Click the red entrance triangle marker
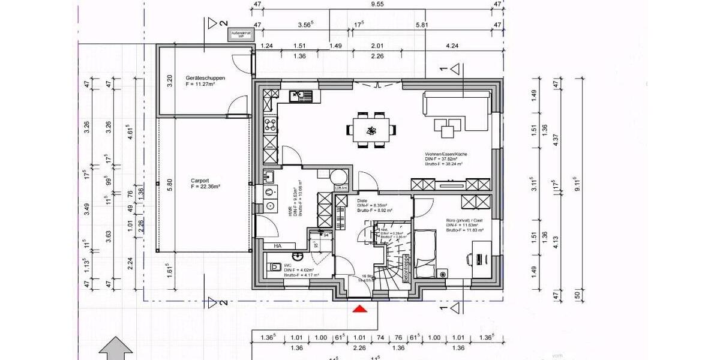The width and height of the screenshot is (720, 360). point(359,310)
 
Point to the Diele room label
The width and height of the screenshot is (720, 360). point(362,202)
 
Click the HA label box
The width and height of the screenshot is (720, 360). point(277,246)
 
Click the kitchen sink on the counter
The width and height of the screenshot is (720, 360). point(298,95)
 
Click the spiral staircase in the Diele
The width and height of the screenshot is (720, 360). point(390,258)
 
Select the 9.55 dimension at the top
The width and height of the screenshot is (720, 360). point(377,5)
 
